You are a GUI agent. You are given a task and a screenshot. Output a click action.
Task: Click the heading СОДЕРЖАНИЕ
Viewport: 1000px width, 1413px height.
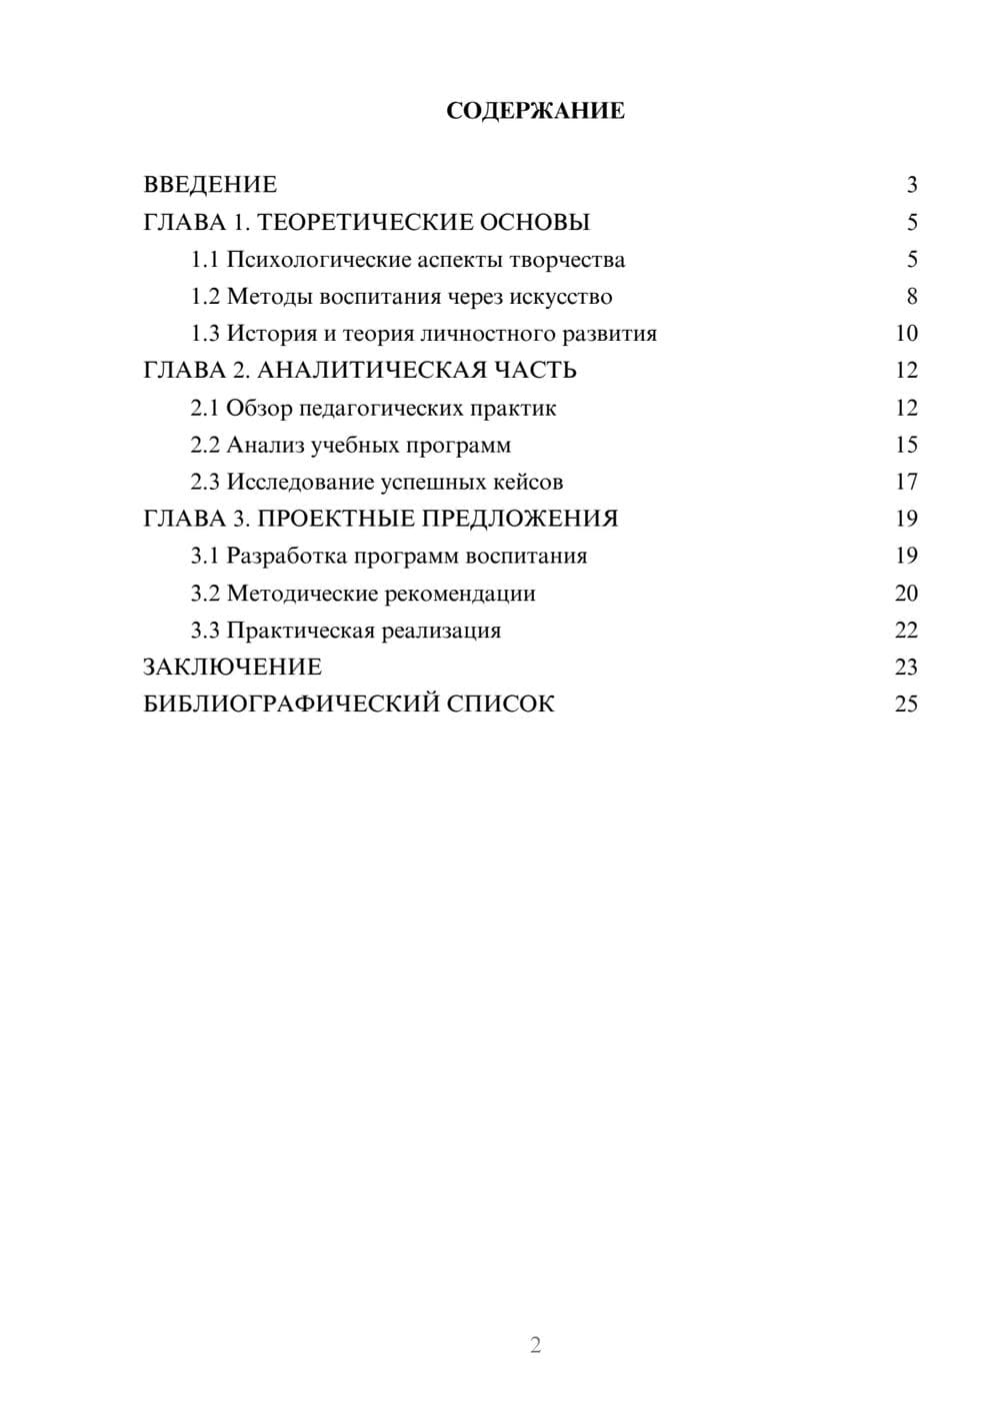(535, 111)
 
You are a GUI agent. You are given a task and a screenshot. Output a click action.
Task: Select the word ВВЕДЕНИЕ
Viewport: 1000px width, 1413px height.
(210, 185)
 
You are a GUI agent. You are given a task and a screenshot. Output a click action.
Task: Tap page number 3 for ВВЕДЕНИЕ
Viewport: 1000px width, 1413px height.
(911, 185)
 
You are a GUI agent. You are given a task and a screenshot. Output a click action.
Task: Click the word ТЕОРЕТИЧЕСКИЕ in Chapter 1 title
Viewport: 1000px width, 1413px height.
(358, 222)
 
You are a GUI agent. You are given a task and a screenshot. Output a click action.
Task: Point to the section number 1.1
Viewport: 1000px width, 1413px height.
(205, 260)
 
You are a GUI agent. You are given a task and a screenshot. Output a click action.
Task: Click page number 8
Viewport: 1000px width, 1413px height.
(911, 297)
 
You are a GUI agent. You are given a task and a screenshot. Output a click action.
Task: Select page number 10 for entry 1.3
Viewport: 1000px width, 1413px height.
(906, 334)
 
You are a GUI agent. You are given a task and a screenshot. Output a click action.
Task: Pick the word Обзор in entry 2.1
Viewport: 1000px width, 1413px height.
(259, 408)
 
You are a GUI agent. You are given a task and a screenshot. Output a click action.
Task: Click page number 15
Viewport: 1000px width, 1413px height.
(906, 445)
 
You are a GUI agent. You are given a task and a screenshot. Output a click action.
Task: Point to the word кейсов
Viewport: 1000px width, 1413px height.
(528, 482)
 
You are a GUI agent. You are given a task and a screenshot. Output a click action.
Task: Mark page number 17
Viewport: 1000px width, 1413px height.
(906, 482)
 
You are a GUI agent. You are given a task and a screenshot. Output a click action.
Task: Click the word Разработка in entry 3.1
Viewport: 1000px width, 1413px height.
(286, 556)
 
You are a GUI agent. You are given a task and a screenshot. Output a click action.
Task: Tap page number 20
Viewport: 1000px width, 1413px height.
(906, 593)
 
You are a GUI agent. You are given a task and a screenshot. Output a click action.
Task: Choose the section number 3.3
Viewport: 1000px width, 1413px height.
(205, 631)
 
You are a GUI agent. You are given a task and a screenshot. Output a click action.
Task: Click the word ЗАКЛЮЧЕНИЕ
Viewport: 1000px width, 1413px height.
(232, 667)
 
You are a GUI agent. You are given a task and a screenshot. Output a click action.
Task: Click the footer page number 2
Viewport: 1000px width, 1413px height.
(535, 1345)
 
